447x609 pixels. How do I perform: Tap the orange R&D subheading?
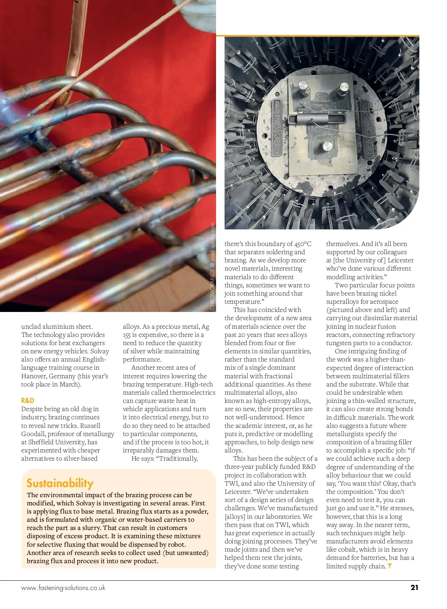coord(28,400)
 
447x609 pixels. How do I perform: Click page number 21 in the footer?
coord(414,587)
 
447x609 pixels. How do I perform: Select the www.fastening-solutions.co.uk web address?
coord(63,588)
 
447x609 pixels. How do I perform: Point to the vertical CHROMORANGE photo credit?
coord(213,266)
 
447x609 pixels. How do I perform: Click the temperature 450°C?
coord(302,244)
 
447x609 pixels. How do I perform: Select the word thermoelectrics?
coord(192,392)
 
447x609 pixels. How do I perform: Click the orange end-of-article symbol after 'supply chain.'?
coord(390,566)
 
